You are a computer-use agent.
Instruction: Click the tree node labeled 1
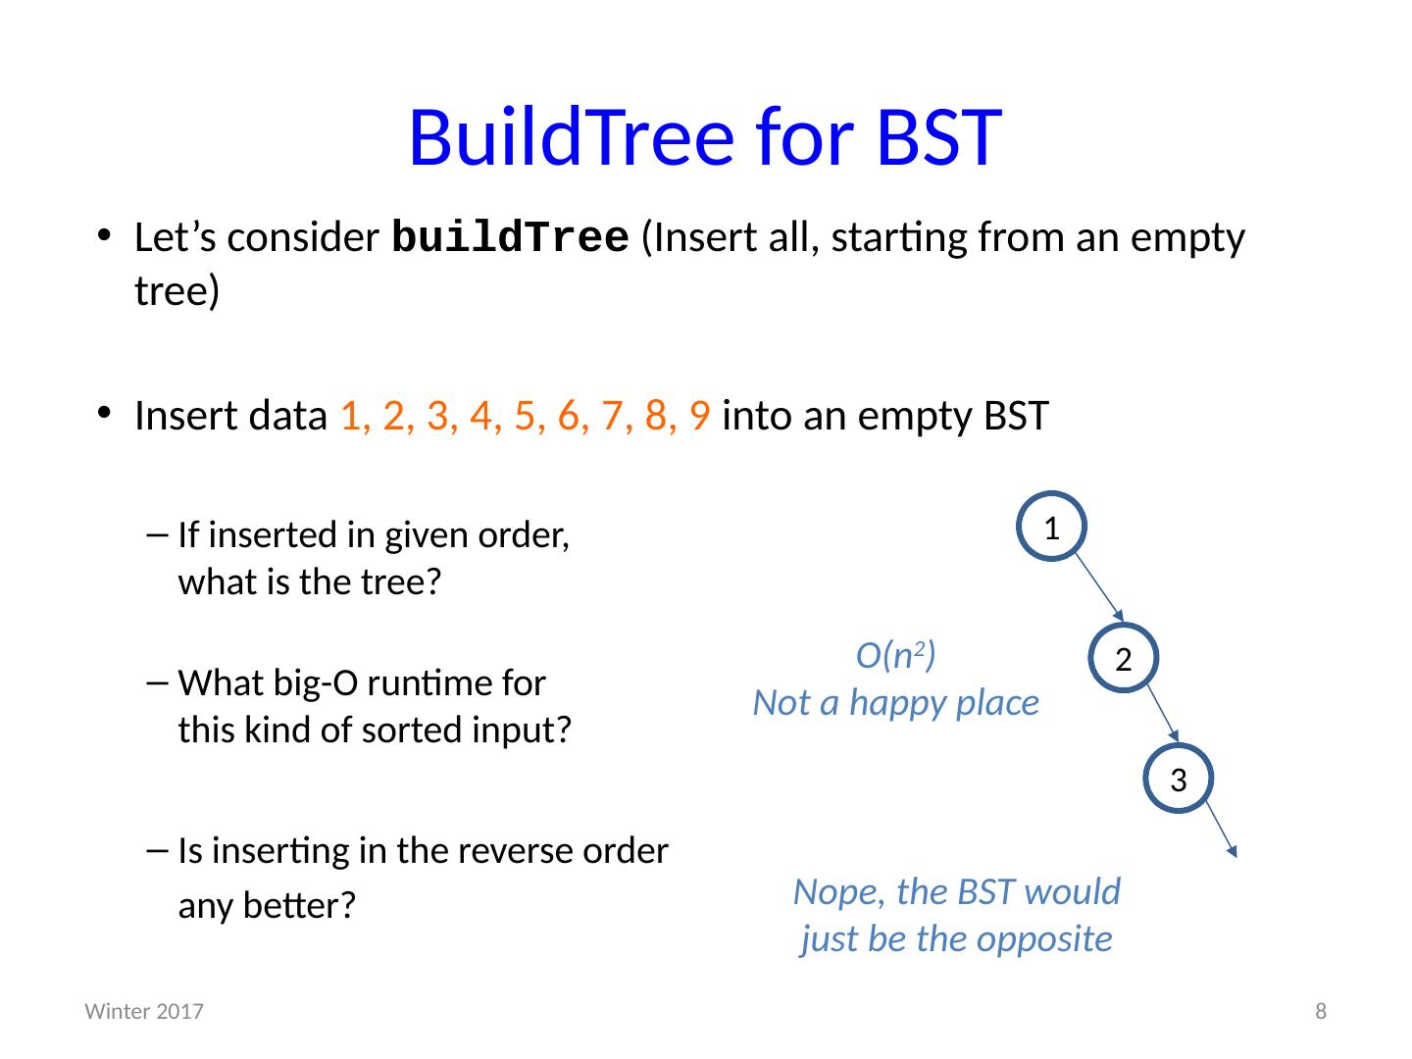click(1051, 527)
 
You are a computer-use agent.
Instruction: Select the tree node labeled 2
click(1124, 659)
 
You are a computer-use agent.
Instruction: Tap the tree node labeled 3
click(1179, 781)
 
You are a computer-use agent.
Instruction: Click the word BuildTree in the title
click(570, 137)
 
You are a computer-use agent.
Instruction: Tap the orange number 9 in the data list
click(699, 416)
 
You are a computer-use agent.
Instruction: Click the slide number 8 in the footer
click(1320, 1012)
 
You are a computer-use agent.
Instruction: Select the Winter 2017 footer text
click(144, 1012)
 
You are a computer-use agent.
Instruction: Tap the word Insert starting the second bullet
click(180, 416)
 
